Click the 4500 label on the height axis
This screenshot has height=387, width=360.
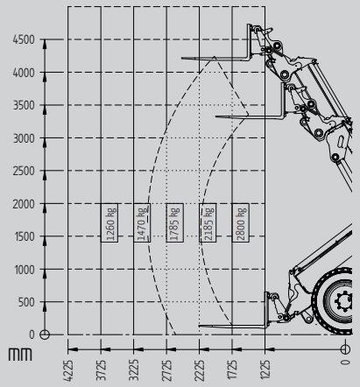tap(24, 39)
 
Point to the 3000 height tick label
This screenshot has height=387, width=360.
tap(24, 138)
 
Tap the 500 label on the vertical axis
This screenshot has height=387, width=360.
tap(26, 302)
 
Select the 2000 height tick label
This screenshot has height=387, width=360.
tap(24, 204)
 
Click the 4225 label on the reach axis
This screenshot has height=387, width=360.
tap(68, 370)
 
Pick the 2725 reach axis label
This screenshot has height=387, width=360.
tap(166, 370)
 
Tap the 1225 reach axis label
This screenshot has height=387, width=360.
tap(265, 370)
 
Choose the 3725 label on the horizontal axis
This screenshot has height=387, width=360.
tap(101, 370)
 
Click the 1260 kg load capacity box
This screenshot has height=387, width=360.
tap(109, 222)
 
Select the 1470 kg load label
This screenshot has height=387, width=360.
tap(142, 222)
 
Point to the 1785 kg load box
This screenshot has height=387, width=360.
tap(175, 222)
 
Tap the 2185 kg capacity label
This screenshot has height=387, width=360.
tap(208, 222)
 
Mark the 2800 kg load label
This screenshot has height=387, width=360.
tap(241, 222)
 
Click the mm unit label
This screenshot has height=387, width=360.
tap(20, 354)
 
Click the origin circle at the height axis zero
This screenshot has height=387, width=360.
tap(45, 334)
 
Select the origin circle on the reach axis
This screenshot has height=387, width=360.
tap(345, 349)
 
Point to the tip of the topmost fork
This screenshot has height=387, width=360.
tap(181, 59)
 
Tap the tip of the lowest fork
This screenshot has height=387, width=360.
tap(199, 326)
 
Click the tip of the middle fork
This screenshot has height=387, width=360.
tap(215, 116)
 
